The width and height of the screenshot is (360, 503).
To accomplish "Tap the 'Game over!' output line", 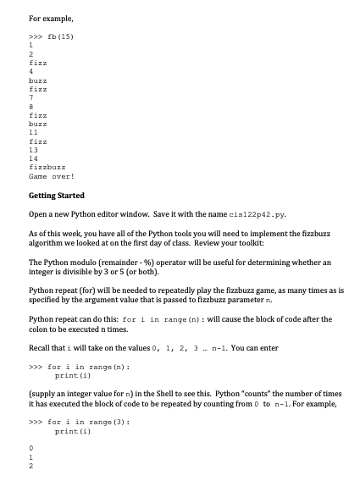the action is [x=52, y=177].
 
